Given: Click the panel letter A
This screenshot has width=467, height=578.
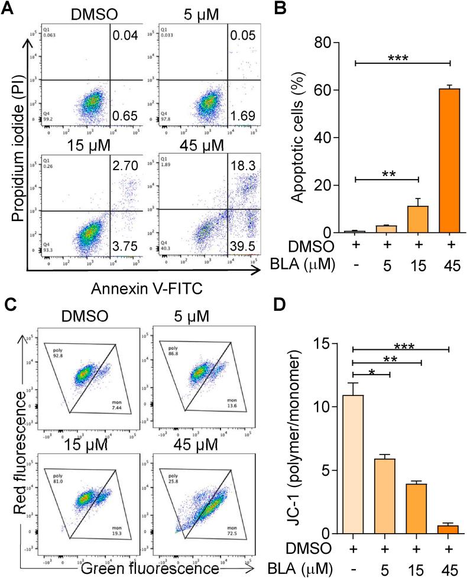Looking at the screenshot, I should coord(8,8).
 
